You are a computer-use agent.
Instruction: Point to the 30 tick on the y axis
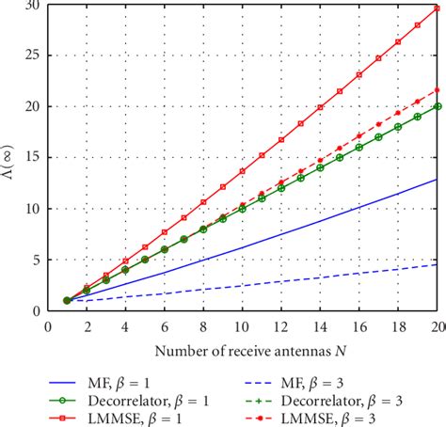coord(33,6)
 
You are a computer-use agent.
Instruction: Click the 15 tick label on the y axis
coord(33,158)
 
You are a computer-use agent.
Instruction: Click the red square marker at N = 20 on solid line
coord(437,8)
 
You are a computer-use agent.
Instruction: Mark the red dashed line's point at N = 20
coord(437,90)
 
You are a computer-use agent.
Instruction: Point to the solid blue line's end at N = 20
coord(437,179)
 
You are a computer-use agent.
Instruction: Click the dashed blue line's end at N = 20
coord(437,264)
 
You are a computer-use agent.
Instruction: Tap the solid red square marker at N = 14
coord(320,107)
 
